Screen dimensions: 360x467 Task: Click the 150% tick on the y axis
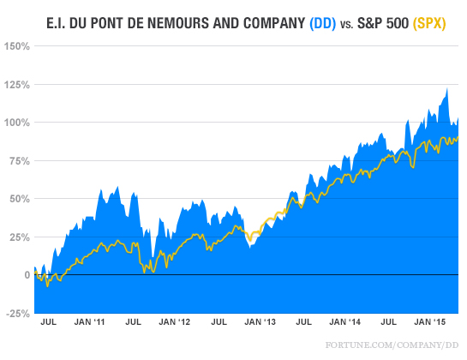click(x=16, y=46)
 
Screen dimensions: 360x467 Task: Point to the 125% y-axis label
click(x=16, y=85)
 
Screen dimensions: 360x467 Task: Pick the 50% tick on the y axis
click(x=18, y=199)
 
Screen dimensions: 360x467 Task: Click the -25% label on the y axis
click(x=17, y=313)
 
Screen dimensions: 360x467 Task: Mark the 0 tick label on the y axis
click(x=26, y=275)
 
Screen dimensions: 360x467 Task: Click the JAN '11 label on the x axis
click(x=91, y=324)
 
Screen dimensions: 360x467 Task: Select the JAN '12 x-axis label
click(x=177, y=324)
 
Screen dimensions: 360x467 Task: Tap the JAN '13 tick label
click(x=261, y=324)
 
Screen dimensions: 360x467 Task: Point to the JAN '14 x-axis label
click(x=347, y=324)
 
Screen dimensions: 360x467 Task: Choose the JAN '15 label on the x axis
click(x=431, y=324)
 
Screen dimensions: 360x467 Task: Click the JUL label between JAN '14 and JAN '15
click(x=389, y=324)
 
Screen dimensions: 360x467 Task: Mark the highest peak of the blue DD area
click(x=446, y=88)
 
